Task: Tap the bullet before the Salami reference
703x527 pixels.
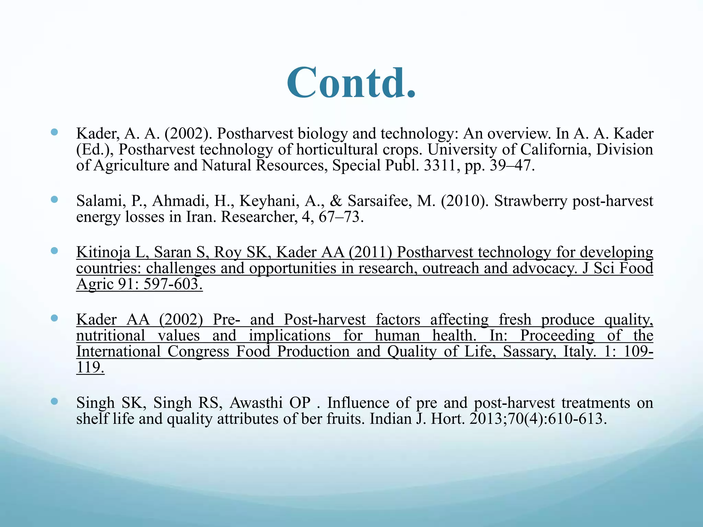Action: click(54, 199)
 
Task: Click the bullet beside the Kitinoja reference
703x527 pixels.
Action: click(54, 251)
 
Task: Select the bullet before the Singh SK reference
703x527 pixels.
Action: click(54, 401)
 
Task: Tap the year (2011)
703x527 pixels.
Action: click(370, 253)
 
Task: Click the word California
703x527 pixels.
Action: click(556, 150)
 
